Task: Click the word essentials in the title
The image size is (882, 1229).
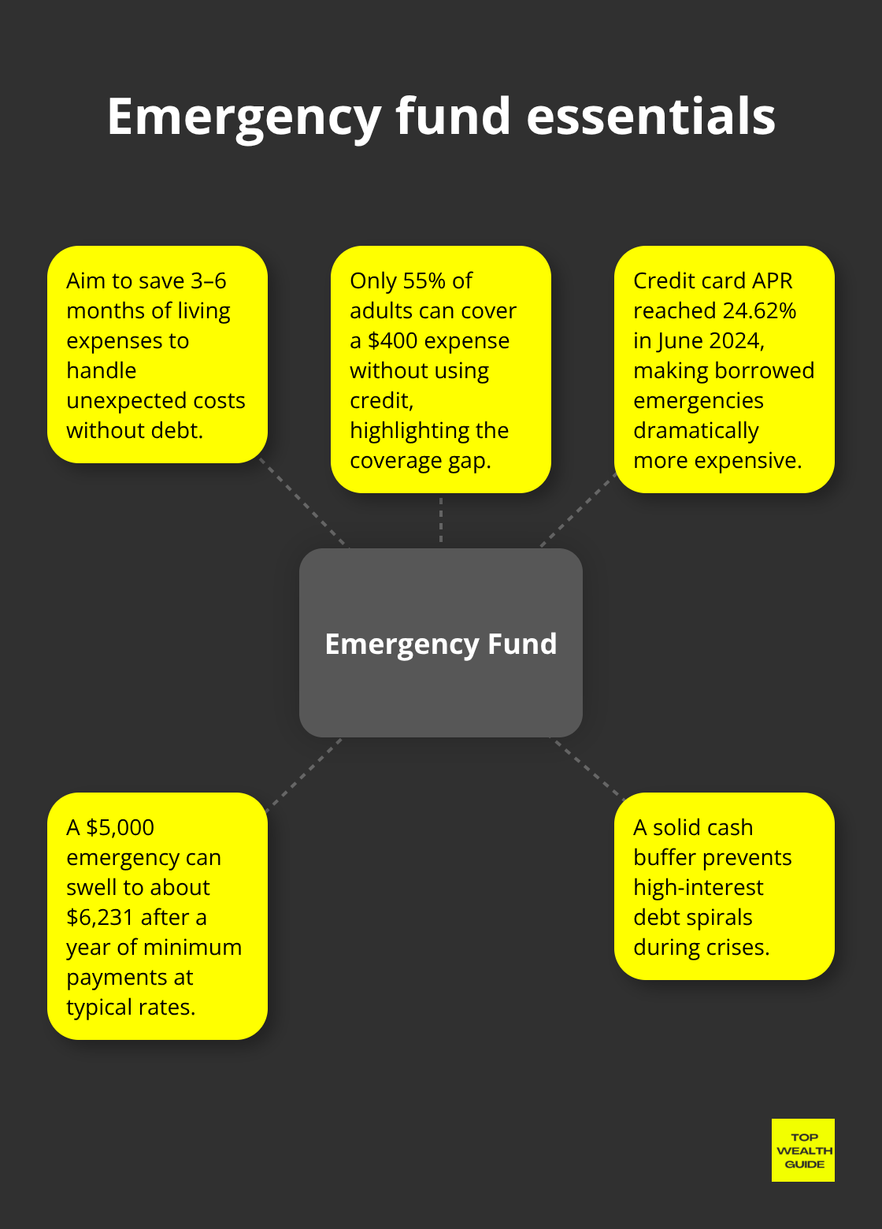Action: [x=650, y=117]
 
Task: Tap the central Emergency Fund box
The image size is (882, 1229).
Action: [x=441, y=643]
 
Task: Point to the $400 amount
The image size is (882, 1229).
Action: [x=392, y=341]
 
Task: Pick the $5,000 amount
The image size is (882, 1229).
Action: [x=120, y=828]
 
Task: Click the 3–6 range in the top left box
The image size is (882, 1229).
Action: [x=208, y=281]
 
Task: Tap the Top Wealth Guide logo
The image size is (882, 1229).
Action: [x=803, y=1150]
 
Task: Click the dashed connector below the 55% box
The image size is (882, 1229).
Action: [x=441, y=520]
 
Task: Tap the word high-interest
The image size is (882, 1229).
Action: [x=698, y=888]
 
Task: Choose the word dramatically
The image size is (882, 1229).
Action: [x=695, y=431]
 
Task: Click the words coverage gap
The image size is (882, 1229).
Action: [x=420, y=461]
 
